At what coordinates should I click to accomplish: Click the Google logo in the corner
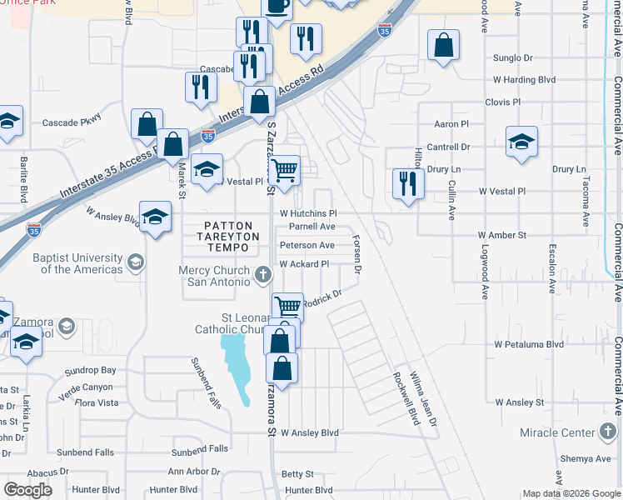coord(27,490)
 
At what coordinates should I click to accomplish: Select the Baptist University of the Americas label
coord(77,263)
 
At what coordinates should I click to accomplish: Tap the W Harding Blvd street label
coord(524,80)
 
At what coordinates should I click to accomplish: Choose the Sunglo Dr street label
coord(512,58)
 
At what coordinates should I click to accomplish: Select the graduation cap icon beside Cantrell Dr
coord(521,142)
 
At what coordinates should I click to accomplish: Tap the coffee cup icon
coord(277,6)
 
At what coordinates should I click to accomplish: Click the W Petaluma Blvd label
coord(529,343)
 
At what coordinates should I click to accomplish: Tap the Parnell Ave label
coord(311,227)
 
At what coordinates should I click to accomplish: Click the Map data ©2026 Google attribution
coord(571,493)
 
